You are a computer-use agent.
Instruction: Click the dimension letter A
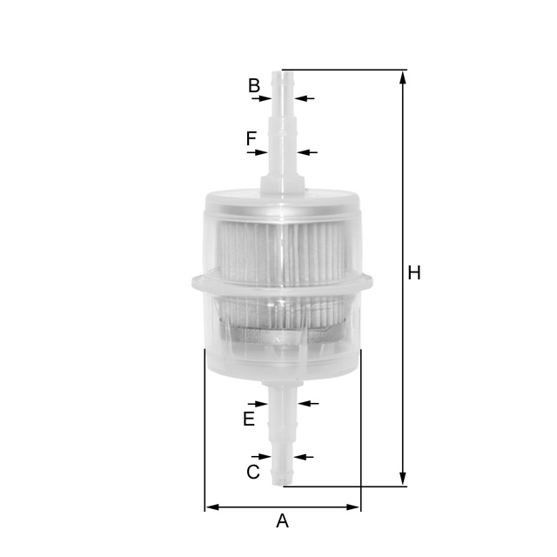282,521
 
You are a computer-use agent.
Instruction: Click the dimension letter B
254,85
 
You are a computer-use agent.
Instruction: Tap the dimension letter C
253,473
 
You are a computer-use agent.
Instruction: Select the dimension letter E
249,419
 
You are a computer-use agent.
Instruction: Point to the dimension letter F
252,138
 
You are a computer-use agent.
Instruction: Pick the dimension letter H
414,273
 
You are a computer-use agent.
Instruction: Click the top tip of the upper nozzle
282,72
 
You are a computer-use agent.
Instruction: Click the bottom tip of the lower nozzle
282,484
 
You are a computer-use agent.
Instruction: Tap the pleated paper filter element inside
283,252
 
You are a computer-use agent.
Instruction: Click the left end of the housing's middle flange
193,282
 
